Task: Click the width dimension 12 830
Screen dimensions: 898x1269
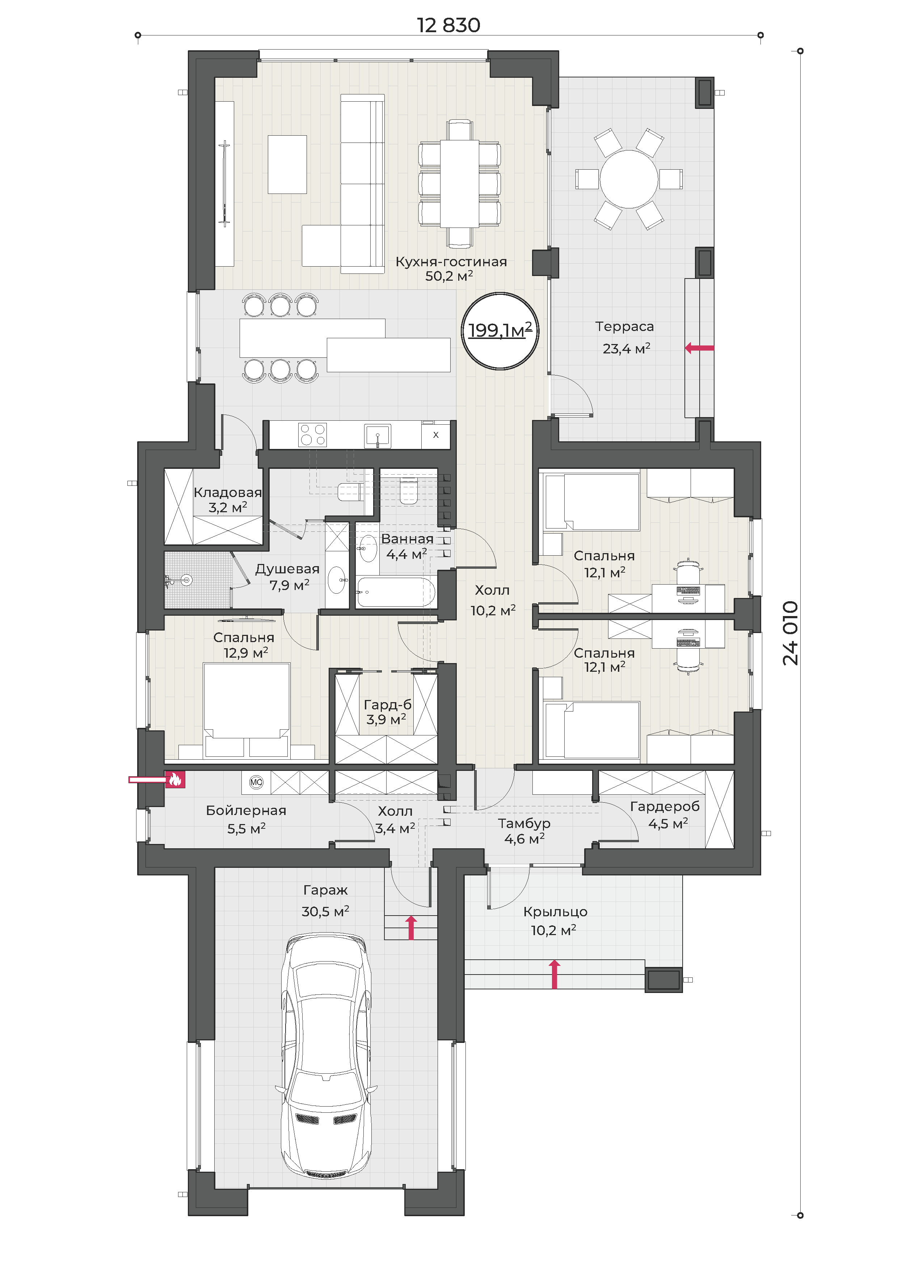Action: [448, 25]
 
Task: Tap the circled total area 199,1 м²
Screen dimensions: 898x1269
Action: [500, 331]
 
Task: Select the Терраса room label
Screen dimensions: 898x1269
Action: [624, 327]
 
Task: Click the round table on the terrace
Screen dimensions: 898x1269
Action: [629, 179]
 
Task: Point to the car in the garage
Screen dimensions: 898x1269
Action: [326, 1057]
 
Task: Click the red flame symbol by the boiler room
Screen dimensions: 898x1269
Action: [175, 779]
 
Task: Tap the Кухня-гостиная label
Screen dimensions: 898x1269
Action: [451, 262]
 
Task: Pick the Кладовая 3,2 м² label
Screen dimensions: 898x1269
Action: [228, 500]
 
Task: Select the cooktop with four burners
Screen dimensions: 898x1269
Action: [312, 434]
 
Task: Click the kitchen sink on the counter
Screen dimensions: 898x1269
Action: [378, 436]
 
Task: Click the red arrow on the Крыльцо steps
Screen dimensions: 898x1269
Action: [555, 974]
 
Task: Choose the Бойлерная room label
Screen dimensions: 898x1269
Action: [246, 810]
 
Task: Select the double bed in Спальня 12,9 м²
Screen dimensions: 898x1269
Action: [246, 710]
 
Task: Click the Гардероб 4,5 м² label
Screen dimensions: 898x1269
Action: [665, 815]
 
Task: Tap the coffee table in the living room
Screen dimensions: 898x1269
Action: [287, 165]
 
